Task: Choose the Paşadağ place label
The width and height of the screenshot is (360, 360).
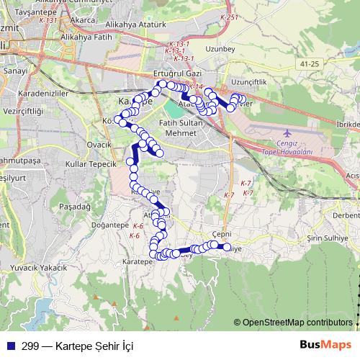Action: pos(57,205)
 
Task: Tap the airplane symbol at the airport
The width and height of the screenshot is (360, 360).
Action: pos(288,133)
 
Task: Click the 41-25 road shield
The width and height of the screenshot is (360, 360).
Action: pos(310,64)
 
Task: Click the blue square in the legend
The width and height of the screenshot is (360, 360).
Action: pos(10,346)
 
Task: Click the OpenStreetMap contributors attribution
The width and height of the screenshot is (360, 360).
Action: pos(297,323)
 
